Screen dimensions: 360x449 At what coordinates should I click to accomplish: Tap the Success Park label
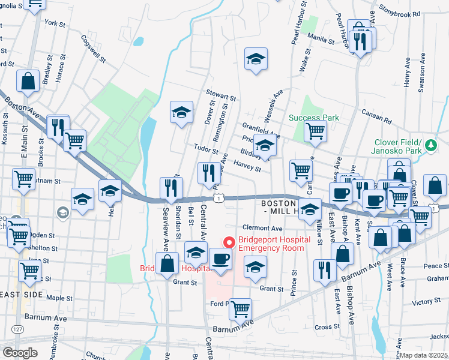point(313,118)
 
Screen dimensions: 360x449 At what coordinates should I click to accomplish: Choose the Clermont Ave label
point(262,229)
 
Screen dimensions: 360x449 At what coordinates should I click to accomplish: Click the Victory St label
point(427,302)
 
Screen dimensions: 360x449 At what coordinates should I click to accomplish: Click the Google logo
point(20,353)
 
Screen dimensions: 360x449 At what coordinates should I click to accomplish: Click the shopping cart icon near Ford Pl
point(240,308)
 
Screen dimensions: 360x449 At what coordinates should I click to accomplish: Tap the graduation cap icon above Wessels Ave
point(256,59)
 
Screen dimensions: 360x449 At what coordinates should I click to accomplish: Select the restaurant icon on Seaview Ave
point(170,188)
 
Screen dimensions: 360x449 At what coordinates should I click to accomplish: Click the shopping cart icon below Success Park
point(315,130)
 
